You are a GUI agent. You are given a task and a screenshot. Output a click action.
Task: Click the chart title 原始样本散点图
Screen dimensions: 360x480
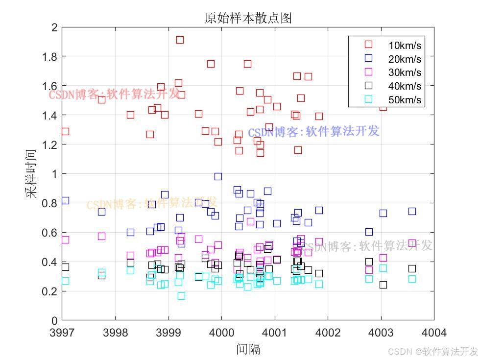pos(248,18)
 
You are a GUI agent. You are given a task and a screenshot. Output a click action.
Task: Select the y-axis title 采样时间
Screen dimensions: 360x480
pos(32,173)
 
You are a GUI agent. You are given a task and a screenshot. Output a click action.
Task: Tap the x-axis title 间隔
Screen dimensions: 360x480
pos(248,349)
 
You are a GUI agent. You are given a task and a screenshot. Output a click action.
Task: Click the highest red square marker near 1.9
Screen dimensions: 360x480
pos(180,40)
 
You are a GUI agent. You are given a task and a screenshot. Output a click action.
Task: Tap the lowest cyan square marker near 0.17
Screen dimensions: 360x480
pos(181,296)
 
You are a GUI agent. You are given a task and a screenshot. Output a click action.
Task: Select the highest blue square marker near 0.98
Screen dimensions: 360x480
pos(218,176)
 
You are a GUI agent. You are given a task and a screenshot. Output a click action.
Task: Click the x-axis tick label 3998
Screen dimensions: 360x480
pos(116,333)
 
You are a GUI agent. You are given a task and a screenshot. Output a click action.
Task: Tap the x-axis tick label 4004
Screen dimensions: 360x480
pos(433,333)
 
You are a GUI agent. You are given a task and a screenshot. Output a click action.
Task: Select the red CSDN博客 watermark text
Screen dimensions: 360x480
pos(114,94)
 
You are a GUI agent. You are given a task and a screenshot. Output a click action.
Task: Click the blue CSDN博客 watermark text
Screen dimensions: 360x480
pos(313,132)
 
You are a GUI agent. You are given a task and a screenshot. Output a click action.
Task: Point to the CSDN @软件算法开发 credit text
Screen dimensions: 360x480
pos(432,351)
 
